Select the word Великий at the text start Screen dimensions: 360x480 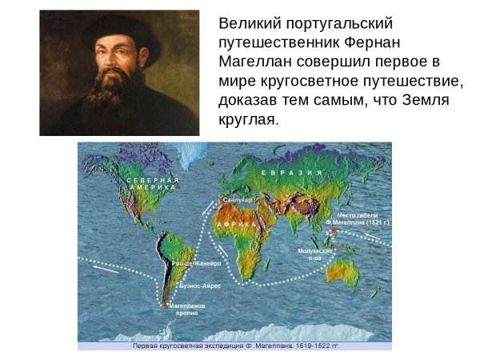[x=250, y=24]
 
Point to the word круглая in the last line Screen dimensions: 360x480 [x=246, y=120]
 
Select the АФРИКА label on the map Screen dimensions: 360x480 [x=236, y=226]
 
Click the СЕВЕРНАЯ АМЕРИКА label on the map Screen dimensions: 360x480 [x=151, y=185]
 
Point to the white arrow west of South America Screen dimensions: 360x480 [x=106, y=270]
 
